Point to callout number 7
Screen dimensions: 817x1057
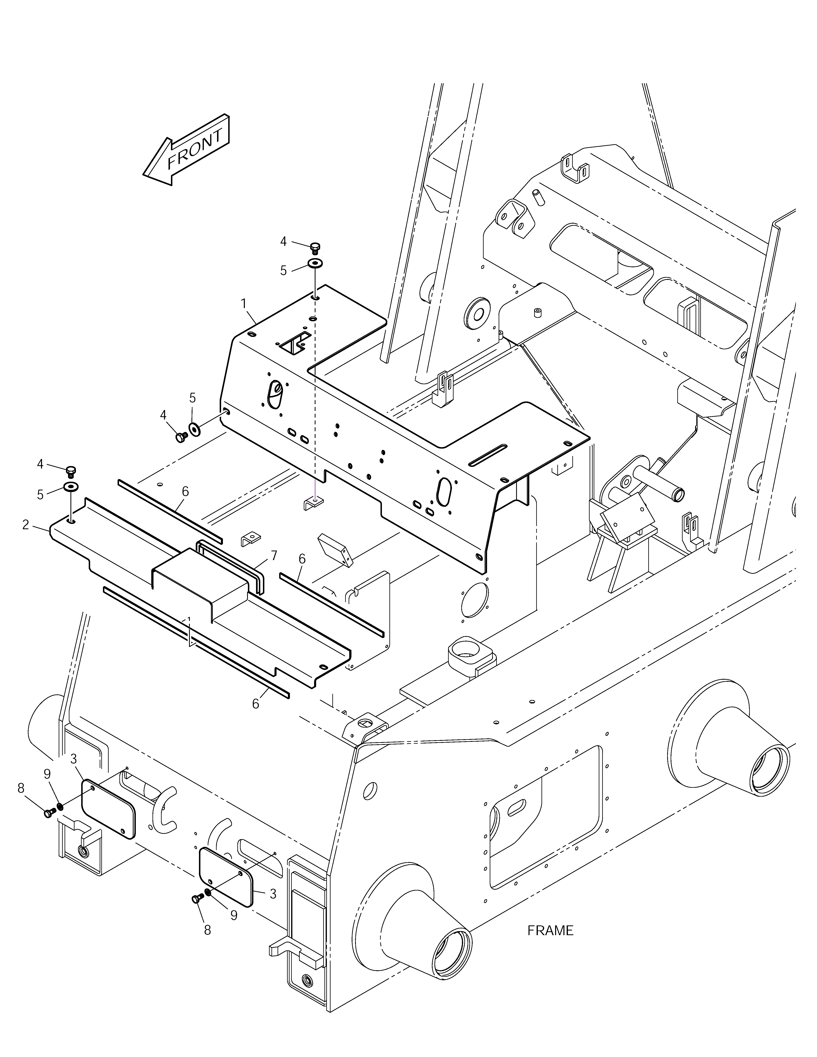coord(273,556)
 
